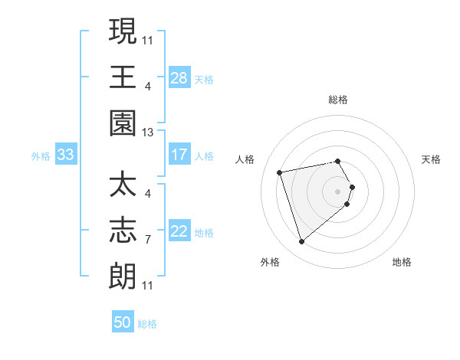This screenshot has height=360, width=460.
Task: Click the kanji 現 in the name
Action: pyautogui.click(x=123, y=31)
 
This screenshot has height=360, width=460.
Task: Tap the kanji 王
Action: pyautogui.click(x=123, y=77)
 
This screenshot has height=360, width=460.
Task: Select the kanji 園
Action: pyautogui.click(x=123, y=123)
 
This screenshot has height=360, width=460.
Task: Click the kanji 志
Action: pyautogui.click(x=123, y=231)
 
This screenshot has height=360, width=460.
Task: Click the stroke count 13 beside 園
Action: pyautogui.click(x=148, y=132)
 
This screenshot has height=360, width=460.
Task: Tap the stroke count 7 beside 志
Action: pyautogui.click(x=148, y=240)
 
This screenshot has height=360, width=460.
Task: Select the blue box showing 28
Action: pyautogui.click(x=179, y=77)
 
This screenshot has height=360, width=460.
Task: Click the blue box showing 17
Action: pyautogui.click(x=179, y=155)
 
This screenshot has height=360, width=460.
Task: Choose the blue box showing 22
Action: pyautogui.click(x=179, y=231)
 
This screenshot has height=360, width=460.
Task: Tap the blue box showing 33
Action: pyautogui.click(x=66, y=155)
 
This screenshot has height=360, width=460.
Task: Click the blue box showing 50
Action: pyautogui.click(x=123, y=322)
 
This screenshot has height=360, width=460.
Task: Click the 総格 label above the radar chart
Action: pyautogui.click(x=338, y=100)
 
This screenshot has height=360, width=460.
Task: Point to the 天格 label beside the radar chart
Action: pyautogui.click(x=431, y=159)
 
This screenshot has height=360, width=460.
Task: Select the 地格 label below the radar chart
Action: pyautogui.click(x=402, y=262)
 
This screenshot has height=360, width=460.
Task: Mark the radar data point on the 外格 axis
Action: pyautogui.click(x=301, y=241)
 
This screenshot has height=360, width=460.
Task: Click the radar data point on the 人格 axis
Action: pyautogui.click(x=280, y=172)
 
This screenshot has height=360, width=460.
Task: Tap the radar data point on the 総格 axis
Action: pyautogui.click(x=337, y=161)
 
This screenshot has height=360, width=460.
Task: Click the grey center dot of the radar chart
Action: pyautogui.click(x=337, y=191)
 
